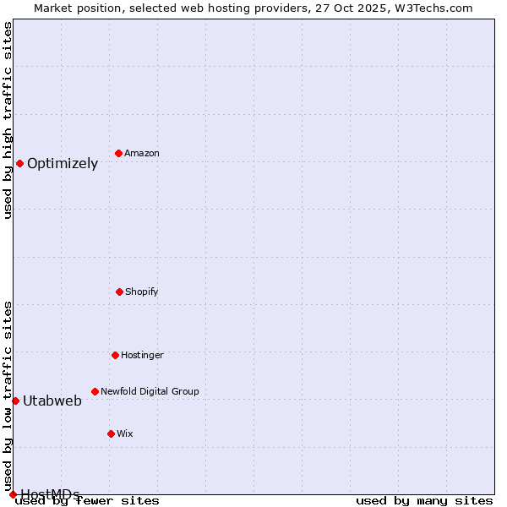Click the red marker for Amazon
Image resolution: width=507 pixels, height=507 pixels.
(118, 153)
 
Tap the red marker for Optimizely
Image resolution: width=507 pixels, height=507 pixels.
(19, 163)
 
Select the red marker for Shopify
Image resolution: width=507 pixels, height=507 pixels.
(119, 292)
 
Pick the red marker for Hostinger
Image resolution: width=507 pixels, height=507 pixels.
(115, 355)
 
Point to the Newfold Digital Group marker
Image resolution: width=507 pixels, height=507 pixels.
(95, 391)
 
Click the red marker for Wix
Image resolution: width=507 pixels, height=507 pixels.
(111, 433)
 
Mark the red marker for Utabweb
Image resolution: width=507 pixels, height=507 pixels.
(15, 401)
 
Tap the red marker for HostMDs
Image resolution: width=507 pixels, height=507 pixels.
(13, 494)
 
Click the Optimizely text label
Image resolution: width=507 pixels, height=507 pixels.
(63, 164)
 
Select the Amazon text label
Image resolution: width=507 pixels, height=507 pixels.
(142, 153)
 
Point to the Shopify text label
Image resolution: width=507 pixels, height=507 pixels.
(142, 292)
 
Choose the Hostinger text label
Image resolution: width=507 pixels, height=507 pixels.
(142, 355)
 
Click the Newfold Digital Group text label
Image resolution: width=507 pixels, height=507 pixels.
(150, 391)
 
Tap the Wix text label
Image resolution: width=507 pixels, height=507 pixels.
(125, 433)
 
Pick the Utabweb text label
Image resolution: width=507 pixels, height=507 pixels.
(52, 401)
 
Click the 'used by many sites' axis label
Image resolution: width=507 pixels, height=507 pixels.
(424, 501)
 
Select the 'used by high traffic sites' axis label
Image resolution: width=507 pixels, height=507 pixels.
(8, 120)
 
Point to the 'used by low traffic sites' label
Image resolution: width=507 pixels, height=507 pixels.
(8, 395)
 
